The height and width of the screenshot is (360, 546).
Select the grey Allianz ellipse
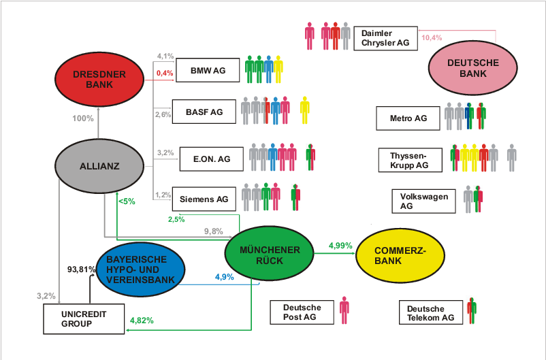pos(99,165)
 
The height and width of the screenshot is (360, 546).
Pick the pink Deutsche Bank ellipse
pos(473,68)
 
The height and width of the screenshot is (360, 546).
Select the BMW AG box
pos(208,70)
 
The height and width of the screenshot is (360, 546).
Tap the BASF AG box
pos(204,112)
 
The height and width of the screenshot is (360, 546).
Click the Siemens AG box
pos(204,199)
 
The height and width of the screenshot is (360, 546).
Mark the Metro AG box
pos(408,118)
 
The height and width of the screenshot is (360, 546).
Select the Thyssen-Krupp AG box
pos(409,160)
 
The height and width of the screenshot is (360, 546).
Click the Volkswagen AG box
pos(423,201)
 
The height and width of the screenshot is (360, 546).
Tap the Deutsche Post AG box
pos(302,312)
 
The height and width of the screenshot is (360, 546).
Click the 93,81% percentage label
pos(80,268)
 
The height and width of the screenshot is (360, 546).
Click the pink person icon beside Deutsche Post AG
pos(344,310)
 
